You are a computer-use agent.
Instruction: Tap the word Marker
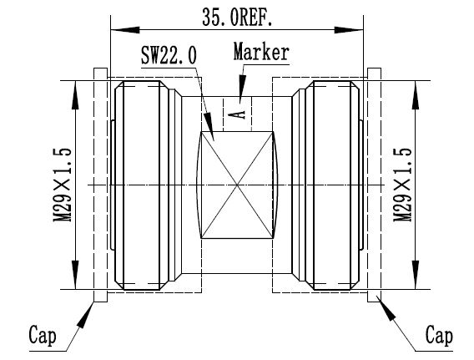(x=261, y=52)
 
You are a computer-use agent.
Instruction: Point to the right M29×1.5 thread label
(x=405, y=185)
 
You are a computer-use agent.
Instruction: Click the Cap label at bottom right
(x=438, y=336)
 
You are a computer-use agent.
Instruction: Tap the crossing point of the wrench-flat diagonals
(x=239, y=184)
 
